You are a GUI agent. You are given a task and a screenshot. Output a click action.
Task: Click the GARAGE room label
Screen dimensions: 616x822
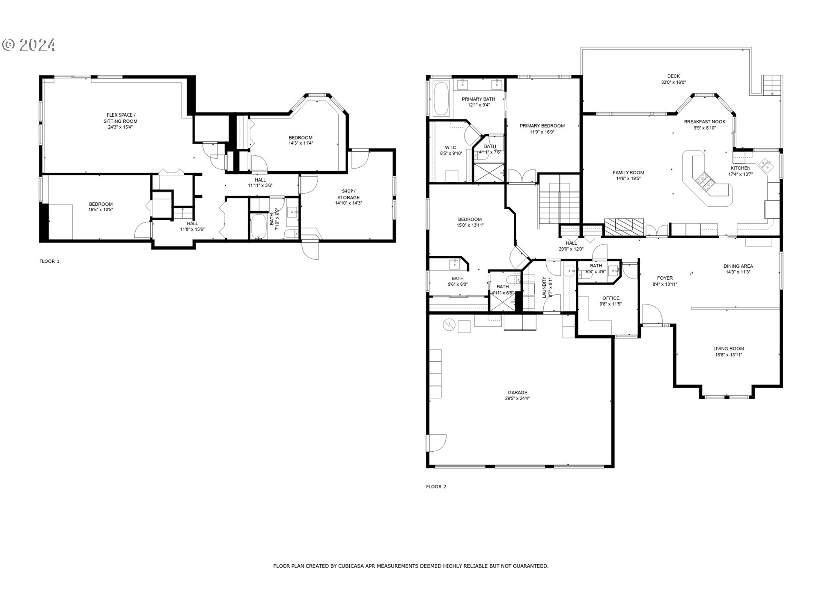click(517, 392)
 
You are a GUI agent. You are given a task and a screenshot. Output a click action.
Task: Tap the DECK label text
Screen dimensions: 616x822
click(673, 76)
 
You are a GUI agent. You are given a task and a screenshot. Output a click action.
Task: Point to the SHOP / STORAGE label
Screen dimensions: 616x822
click(348, 194)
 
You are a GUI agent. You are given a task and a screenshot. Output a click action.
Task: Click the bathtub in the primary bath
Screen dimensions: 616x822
click(441, 99)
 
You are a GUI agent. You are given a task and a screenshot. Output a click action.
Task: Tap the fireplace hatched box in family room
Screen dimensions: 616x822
click(624, 227)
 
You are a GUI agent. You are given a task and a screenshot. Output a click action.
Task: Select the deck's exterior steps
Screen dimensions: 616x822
click(771, 85)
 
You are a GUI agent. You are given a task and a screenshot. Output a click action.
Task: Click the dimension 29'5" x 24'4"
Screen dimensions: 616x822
click(517, 399)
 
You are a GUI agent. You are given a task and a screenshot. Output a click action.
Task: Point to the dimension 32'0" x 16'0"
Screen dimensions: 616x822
click(673, 83)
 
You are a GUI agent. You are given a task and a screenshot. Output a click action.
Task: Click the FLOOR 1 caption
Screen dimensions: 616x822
click(49, 261)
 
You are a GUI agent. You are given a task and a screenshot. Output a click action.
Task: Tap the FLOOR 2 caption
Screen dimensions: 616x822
click(436, 486)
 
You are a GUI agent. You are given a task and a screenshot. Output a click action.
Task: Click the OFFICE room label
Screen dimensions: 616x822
click(611, 298)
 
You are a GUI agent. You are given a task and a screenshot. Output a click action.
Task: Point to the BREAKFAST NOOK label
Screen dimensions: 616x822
click(704, 122)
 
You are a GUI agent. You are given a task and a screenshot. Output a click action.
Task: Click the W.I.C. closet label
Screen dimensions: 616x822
click(451, 148)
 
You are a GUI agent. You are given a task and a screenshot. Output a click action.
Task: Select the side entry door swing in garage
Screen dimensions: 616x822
click(437, 443)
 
